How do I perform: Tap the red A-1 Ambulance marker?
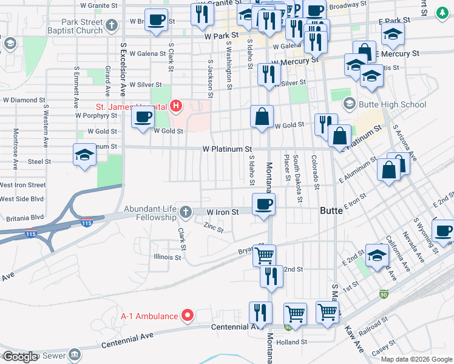tap(188, 315)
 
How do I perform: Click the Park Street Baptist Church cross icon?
tap(111, 25)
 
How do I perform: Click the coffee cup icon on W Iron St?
tap(263, 204)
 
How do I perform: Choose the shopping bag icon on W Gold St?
tap(262, 117)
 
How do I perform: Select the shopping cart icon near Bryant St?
tap(264, 256)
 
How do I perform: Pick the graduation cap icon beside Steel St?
tap(85, 155)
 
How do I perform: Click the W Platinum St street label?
tap(227, 149)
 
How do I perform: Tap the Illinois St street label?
tap(168, 257)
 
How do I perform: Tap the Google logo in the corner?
tap(20, 356)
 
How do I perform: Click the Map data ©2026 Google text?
tap(416, 359)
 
